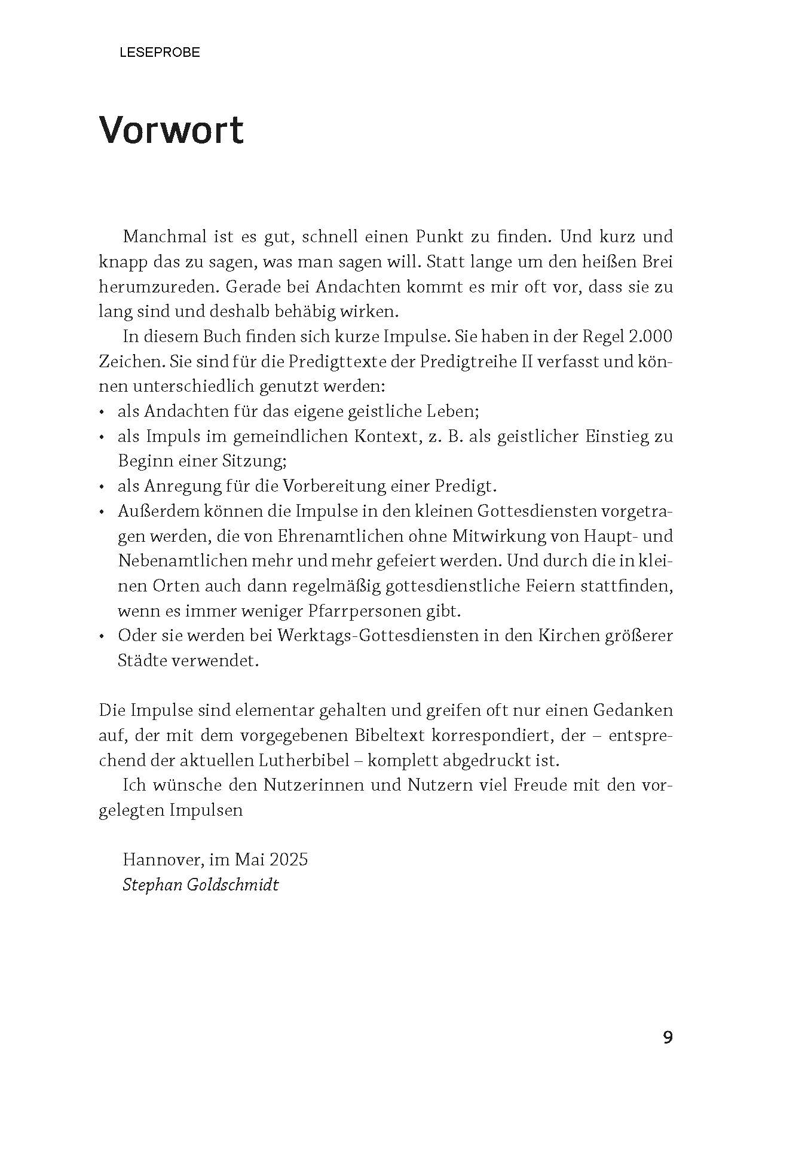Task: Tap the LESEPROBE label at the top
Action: click(160, 53)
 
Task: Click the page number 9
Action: click(668, 1037)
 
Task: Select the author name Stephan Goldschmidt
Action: click(200, 884)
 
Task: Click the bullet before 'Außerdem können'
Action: click(102, 512)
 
